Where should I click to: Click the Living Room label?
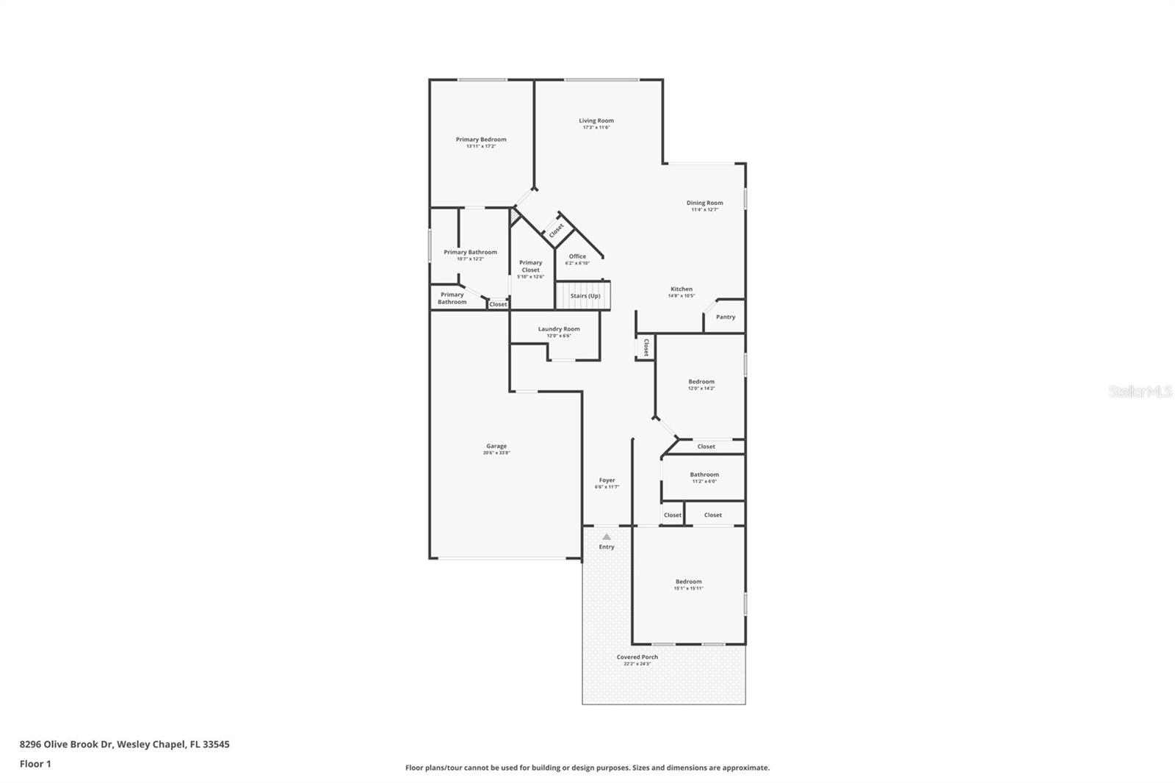[596, 120]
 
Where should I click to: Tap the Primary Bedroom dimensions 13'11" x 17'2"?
[481, 146]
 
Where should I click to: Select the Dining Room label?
[704, 203]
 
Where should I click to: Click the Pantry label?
[725, 317]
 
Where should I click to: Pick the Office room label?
[577, 256]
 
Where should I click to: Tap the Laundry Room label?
[558, 329]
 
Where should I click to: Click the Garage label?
[496, 446]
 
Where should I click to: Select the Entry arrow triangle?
[607, 537]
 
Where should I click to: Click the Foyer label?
[607, 480]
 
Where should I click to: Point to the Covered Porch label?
[637, 657]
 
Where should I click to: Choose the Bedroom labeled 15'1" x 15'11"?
[688, 582]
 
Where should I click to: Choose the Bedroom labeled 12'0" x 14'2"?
[701, 382]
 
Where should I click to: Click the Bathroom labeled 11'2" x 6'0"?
[704, 475]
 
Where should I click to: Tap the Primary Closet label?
[530, 266]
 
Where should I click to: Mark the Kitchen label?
[681, 289]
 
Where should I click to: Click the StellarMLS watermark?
[1140, 391]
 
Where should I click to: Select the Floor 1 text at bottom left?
[35, 764]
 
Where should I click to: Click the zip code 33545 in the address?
[217, 744]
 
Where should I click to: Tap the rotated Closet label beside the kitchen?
[646, 347]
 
